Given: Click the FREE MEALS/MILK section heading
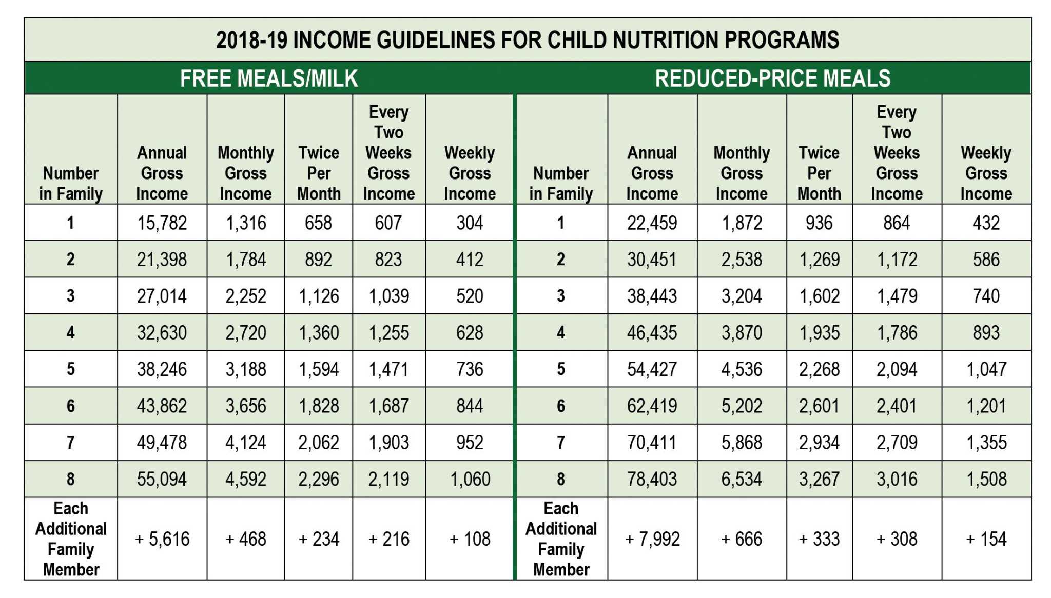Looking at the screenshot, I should pyautogui.click(x=268, y=78).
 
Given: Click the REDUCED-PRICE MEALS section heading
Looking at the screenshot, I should pyautogui.click(x=772, y=78).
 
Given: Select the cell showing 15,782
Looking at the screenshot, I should pyautogui.click(x=162, y=223).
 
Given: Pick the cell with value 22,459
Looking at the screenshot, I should pyautogui.click(x=652, y=223).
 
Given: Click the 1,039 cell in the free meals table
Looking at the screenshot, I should pyautogui.click(x=388, y=296).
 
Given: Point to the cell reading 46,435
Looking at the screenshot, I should pyautogui.click(x=652, y=333).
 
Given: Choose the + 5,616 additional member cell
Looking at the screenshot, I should pyautogui.click(x=162, y=539).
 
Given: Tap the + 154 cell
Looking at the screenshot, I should pyautogui.click(x=986, y=539).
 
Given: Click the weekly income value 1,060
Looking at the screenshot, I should pyautogui.click(x=470, y=480).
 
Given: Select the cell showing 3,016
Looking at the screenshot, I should pyautogui.click(x=897, y=480).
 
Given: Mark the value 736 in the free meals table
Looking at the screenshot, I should pyautogui.click(x=470, y=369).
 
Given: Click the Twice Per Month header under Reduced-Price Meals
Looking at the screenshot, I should pyautogui.click(x=819, y=173).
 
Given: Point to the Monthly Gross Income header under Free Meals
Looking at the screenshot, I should pyautogui.click(x=245, y=173).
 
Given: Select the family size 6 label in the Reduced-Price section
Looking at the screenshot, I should pyautogui.click(x=561, y=406).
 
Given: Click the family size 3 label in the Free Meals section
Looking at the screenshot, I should pyautogui.click(x=70, y=296).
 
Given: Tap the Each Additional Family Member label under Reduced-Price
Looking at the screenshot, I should pyautogui.click(x=561, y=539).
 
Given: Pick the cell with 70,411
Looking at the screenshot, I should pyautogui.click(x=652, y=443).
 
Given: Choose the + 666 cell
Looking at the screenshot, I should pyautogui.click(x=742, y=539).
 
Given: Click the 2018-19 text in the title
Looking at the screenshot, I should pyautogui.click(x=251, y=40).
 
